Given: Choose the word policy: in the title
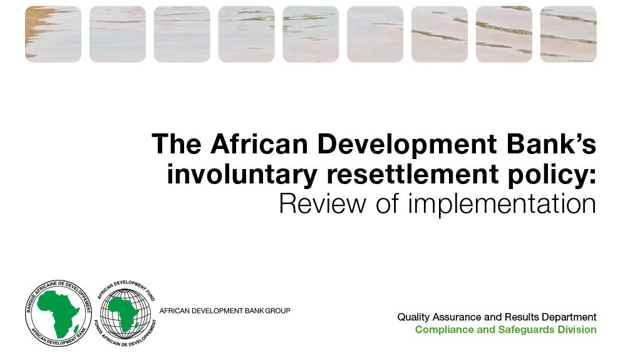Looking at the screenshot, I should point(549,176).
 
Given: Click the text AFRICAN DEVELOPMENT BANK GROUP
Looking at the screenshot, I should point(225,311).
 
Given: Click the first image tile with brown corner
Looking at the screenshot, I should point(53,34).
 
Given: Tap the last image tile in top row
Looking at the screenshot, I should point(568,34).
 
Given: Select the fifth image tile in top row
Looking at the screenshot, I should point(311,34).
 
